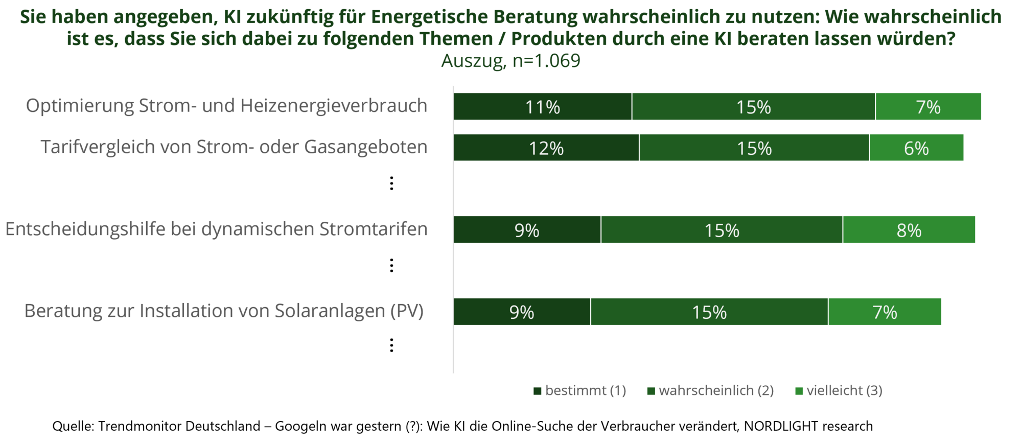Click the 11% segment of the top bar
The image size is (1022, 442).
pos(543,107)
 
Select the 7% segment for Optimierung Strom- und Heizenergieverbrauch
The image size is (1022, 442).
pos(928,107)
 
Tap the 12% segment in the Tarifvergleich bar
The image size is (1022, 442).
pos(546,148)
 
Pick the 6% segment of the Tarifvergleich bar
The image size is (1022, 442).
pos(916,148)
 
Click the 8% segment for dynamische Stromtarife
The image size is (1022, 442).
pos(909,230)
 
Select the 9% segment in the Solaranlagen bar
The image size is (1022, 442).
pos(522,312)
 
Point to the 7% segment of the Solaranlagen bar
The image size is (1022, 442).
pos(885,312)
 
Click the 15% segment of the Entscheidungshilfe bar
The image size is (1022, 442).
pos(722,230)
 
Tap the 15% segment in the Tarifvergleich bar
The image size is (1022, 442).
pos(754,148)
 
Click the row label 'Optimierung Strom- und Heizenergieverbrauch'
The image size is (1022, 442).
pos(226,106)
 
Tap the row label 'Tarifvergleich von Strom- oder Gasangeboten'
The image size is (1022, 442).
pos(234,147)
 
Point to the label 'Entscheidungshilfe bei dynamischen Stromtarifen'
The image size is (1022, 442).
pos(216,229)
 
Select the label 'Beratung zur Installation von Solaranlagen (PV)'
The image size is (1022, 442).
pos(224,311)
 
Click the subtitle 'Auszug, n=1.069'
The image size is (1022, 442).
pos(510,61)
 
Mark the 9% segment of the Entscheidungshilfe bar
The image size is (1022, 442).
pos(527,230)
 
